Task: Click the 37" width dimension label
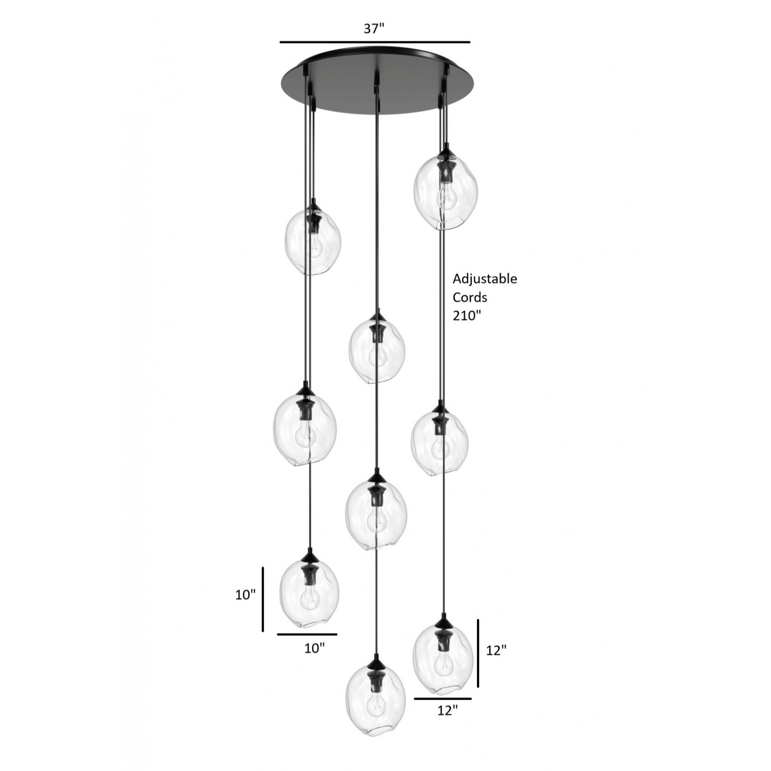click(373, 29)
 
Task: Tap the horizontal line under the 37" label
click(375, 42)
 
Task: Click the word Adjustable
click(485, 279)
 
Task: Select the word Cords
click(470, 297)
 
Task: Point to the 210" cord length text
click(467, 316)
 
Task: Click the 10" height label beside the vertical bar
click(245, 595)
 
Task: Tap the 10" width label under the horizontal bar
click(314, 648)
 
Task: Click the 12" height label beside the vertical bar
click(496, 651)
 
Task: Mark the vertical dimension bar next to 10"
click(263, 599)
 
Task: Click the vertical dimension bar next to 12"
click(478, 653)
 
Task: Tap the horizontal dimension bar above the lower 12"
click(443, 698)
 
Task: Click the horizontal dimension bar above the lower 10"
click(307, 634)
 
